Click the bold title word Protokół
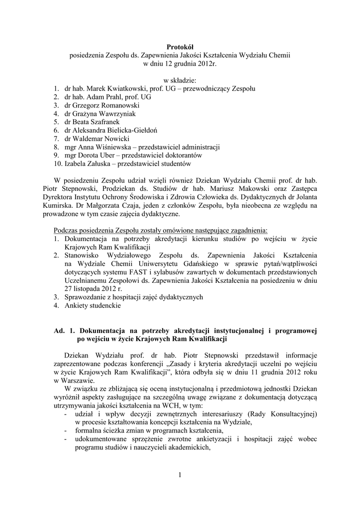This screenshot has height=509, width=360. point(180,47)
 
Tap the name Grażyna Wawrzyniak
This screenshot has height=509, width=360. point(107,114)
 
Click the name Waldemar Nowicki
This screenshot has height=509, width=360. point(104,139)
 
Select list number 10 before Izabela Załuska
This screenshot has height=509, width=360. point(58,164)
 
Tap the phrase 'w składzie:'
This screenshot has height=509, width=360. point(180,80)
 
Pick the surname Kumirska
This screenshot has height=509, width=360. point(68,206)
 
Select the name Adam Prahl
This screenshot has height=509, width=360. point(104,97)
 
